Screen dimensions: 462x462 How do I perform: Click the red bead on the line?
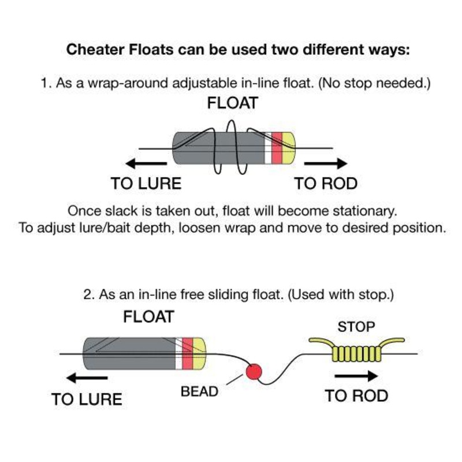[x=253, y=371]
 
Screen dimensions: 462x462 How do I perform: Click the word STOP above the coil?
[x=356, y=327]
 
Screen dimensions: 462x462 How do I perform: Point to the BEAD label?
[x=200, y=391]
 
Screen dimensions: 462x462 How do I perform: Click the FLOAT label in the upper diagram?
[x=232, y=105]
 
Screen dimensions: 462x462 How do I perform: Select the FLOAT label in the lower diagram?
[x=148, y=316]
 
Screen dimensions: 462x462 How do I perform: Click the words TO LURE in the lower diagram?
[x=87, y=399]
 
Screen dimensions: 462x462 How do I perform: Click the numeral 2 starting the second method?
[x=87, y=295]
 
